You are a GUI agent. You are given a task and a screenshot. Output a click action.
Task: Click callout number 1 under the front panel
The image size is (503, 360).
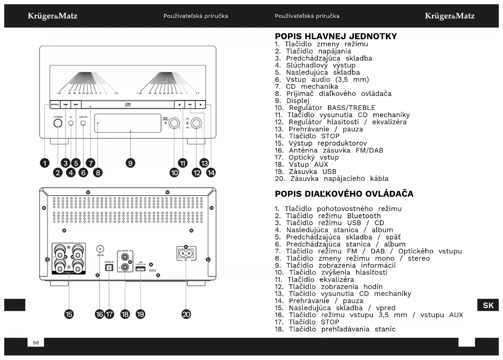click(45, 162)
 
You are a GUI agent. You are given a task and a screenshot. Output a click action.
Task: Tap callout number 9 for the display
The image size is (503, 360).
click(130, 162)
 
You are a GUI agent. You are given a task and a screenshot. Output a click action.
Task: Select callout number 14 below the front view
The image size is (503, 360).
click(211, 172)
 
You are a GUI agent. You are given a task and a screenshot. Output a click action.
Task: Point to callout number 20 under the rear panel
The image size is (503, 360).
click(186, 314)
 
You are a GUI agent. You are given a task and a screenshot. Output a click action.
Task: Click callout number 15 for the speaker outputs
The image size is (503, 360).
click(69, 314)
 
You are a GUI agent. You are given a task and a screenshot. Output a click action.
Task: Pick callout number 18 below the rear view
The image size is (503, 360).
click(125, 314)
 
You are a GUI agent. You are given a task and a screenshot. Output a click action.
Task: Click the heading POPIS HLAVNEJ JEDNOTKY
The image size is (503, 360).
click(336, 36)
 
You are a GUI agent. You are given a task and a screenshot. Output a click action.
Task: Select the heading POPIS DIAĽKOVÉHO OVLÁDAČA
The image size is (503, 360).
click(344, 194)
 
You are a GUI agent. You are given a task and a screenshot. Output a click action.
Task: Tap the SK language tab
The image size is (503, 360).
click(488, 305)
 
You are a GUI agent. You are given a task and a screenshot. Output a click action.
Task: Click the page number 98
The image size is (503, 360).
click(36, 343)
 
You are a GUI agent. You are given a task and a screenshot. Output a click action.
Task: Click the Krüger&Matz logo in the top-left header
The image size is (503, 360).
click(53, 16)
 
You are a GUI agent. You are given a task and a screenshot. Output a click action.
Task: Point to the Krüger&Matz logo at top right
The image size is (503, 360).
click(450, 16)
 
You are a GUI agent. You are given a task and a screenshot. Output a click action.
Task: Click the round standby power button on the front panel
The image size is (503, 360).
click(58, 124)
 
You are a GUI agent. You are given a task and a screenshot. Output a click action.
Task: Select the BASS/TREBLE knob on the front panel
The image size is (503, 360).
click(174, 124)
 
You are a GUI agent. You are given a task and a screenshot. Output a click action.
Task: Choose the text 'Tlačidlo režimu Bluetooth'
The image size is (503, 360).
click(333, 216)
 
